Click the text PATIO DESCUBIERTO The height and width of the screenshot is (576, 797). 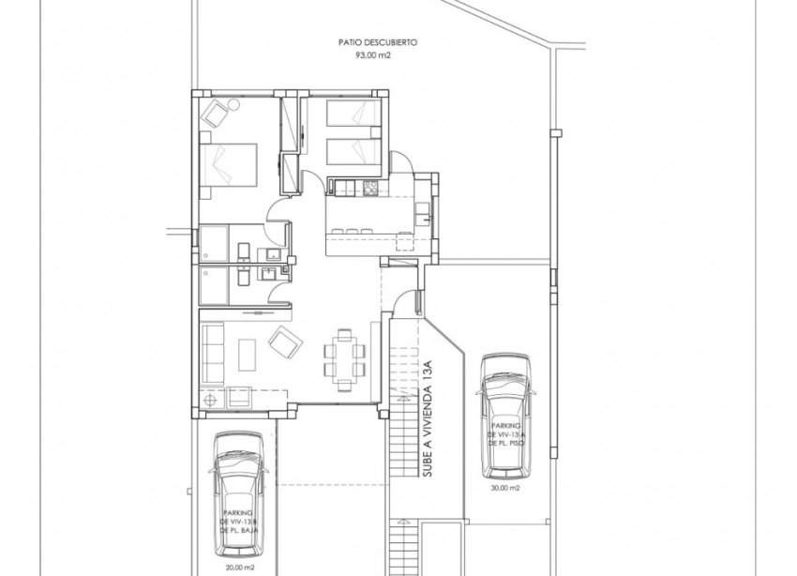(x=379, y=42)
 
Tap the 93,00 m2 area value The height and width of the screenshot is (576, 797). (x=379, y=55)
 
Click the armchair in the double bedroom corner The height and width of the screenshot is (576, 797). (x=218, y=115)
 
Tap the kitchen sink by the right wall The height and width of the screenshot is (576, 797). (x=423, y=209)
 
